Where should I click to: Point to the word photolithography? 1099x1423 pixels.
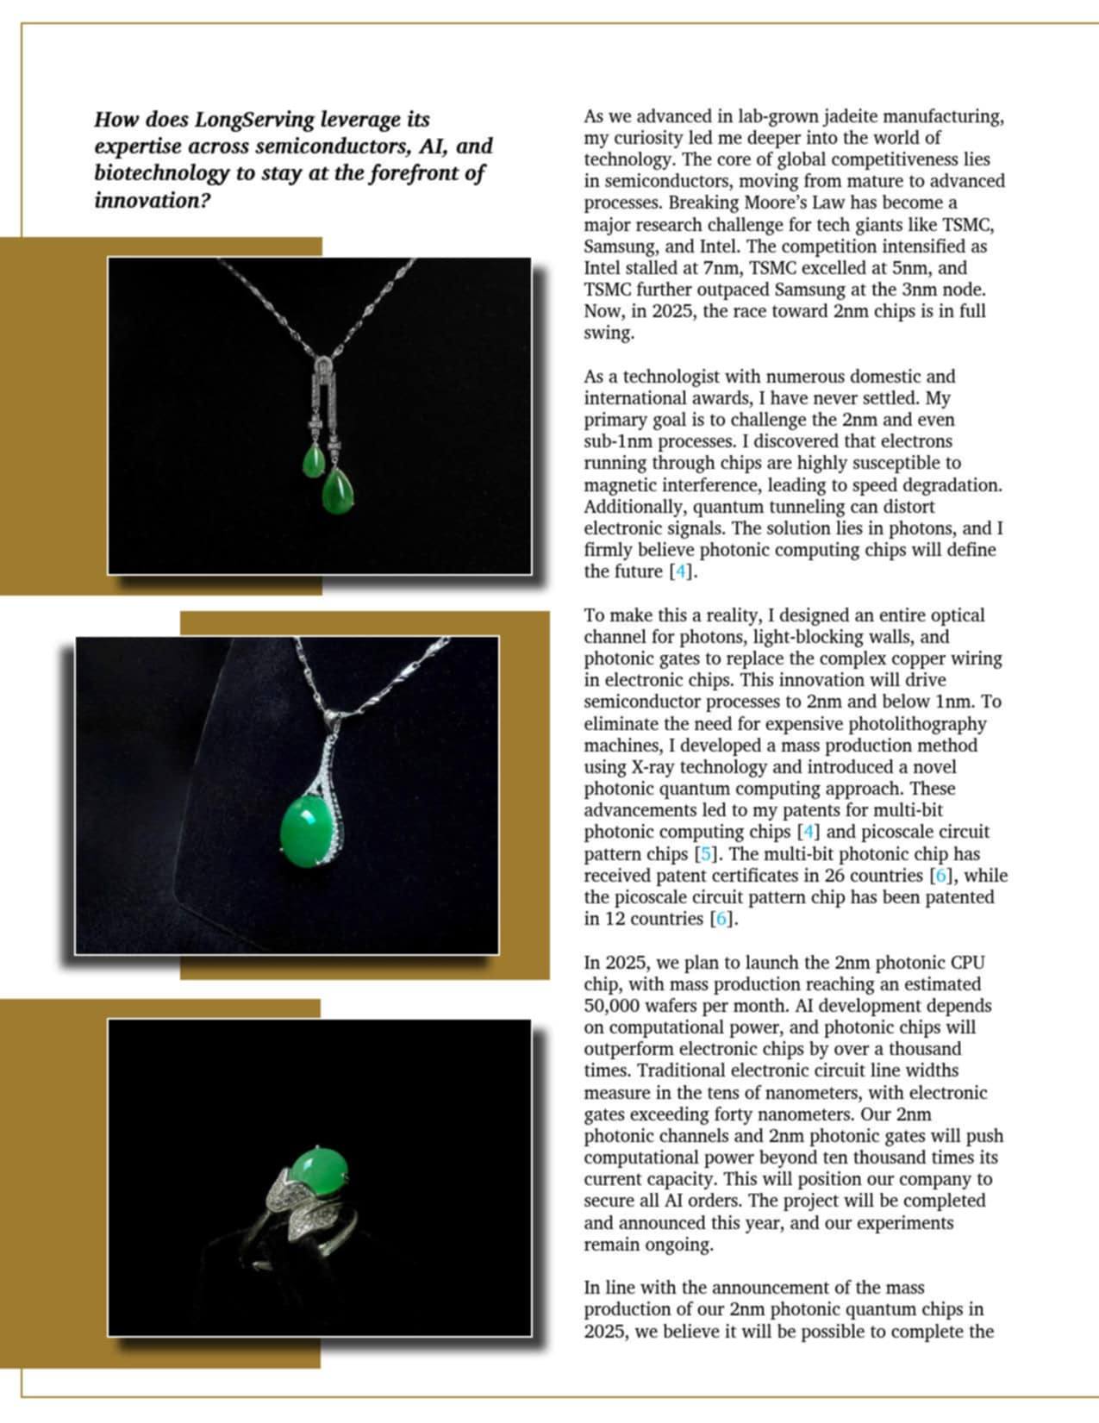point(921,724)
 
